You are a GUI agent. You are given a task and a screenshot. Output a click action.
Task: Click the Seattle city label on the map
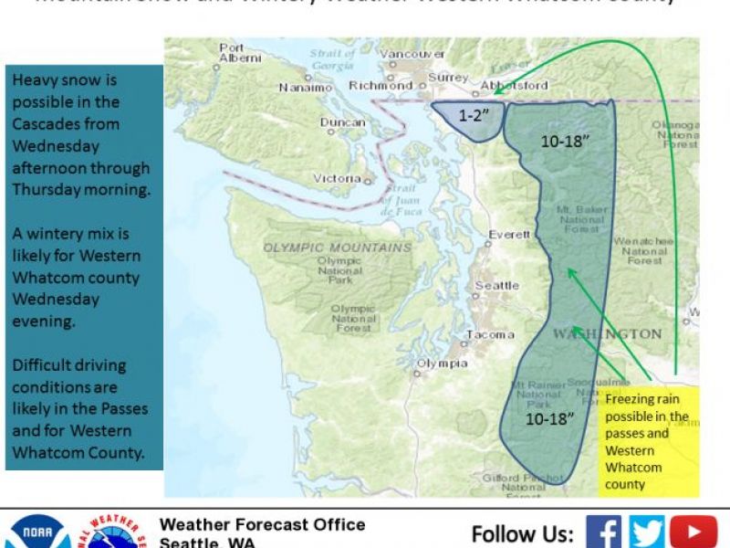pos(496,286)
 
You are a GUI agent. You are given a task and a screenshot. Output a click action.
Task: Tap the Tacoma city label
pos(490,335)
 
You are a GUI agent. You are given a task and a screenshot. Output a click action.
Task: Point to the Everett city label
pos(509,235)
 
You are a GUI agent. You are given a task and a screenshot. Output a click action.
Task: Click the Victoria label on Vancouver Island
pos(337,178)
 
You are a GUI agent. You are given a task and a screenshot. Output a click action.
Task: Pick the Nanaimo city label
pos(305,89)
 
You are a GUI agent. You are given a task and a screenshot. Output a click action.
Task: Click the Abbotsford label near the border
pos(520,85)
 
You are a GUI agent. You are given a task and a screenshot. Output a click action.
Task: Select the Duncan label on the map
pos(342,122)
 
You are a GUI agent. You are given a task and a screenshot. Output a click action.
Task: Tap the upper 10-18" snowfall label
pos(565,142)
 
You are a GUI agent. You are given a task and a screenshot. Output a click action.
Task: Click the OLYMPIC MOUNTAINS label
pos(338,248)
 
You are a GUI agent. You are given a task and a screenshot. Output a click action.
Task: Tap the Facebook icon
pos(603,532)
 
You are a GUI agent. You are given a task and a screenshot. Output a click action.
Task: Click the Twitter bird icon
pos(647,532)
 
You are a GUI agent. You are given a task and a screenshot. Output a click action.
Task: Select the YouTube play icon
pos(693,532)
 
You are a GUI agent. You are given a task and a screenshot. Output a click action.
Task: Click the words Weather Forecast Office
pos(262,524)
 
